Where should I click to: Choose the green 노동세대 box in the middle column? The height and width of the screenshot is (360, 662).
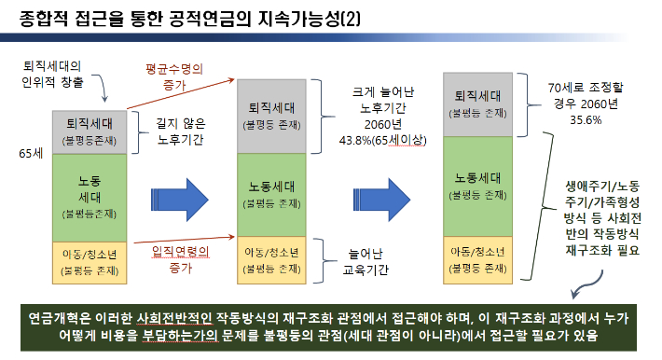[x=271, y=191]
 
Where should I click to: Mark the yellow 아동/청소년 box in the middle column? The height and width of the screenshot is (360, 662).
[x=271, y=260]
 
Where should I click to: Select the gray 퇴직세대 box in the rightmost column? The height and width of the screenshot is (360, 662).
[x=480, y=101]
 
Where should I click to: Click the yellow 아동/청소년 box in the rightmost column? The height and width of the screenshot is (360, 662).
[x=480, y=260]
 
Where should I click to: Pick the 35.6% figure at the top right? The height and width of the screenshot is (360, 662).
[x=580, y=119]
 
